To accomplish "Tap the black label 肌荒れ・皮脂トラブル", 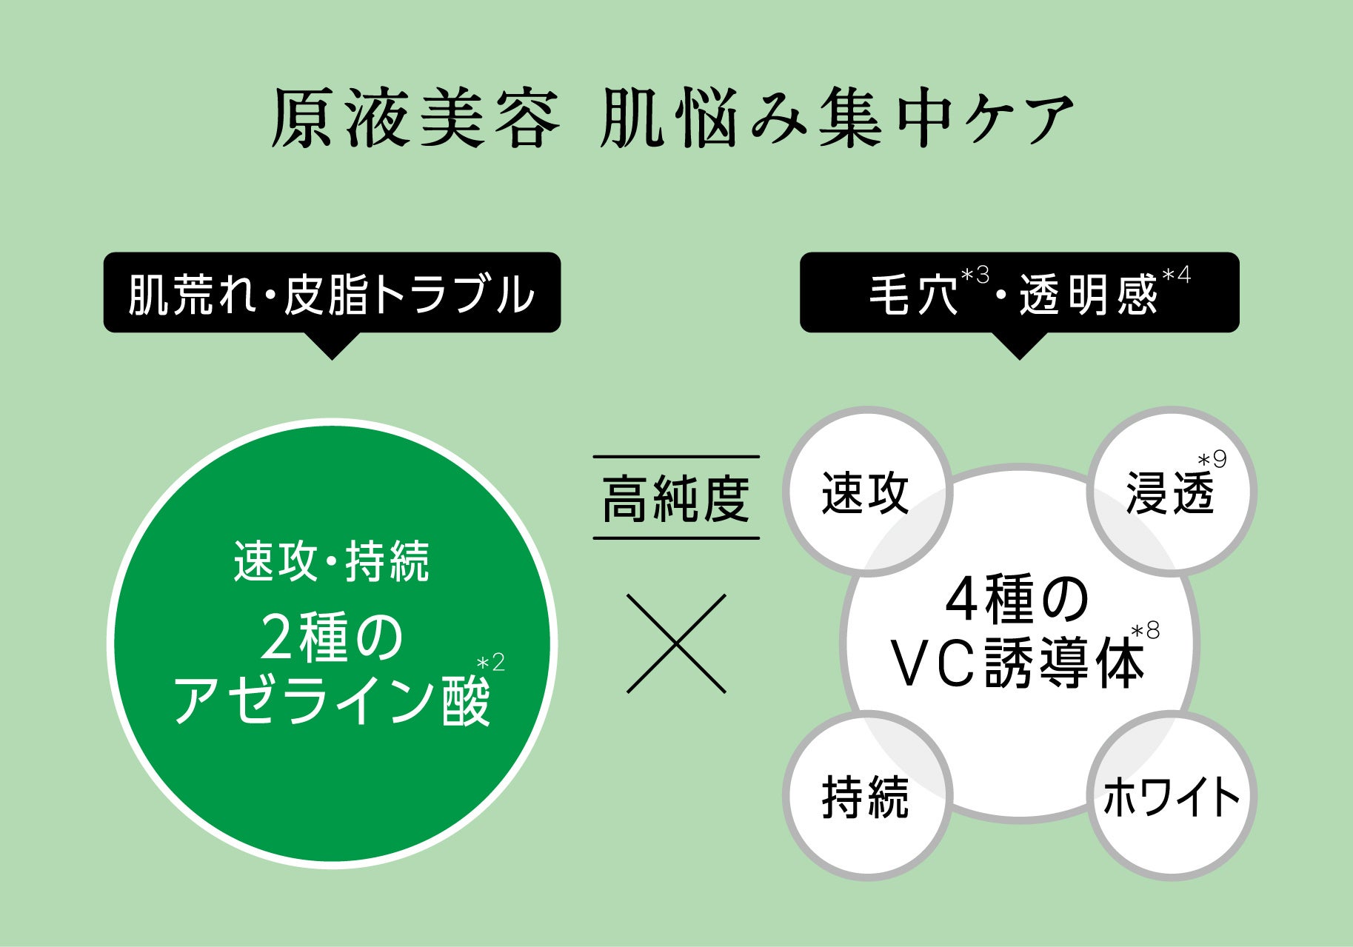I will pos(331,293).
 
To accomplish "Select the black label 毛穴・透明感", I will pos(1018,293).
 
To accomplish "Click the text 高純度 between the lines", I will pos(676,498).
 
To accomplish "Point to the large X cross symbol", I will pos(676,643).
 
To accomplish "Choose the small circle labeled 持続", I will pos(866,797).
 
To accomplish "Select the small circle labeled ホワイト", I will pos(1171,797).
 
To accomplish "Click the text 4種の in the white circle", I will pos(1018,601).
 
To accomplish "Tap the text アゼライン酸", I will pos(331,700).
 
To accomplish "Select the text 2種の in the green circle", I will pos(331,638).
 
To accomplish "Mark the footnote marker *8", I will pos(1146,632).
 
